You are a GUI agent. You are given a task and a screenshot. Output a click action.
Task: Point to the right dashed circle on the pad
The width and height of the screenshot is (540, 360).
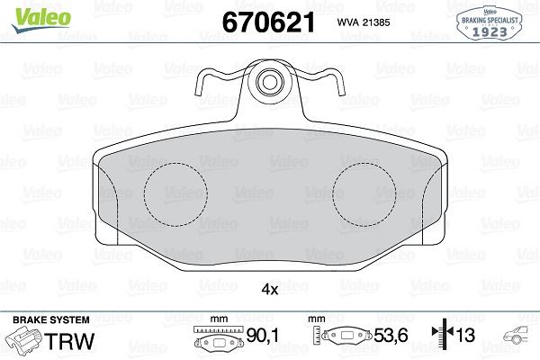[x=364, y=194]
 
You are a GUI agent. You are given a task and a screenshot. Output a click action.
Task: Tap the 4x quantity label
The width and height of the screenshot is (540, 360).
[x=269, y=290]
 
